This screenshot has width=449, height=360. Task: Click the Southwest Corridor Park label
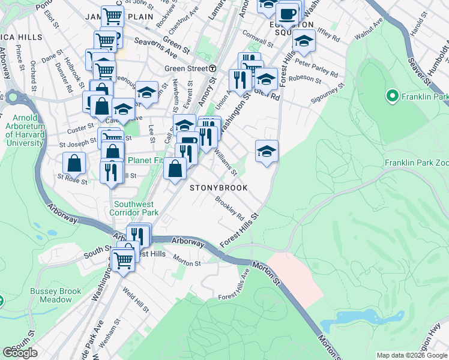pos(134,208)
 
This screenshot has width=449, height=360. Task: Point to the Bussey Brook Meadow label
pos(55,295)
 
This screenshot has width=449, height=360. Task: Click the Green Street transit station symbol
pos(212,68)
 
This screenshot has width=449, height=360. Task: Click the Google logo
pos(20,353)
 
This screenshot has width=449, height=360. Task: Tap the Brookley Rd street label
pos(231,209)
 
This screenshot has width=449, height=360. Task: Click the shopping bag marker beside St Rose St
pos(74,163)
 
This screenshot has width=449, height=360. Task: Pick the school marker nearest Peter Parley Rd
pos(304,41)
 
